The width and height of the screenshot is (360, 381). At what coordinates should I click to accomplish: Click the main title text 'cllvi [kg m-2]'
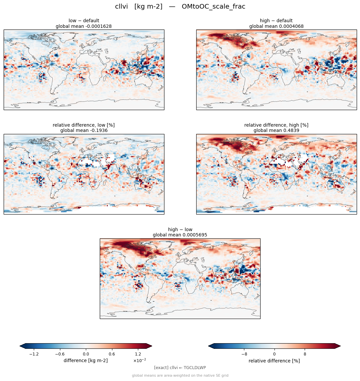pos(139,7)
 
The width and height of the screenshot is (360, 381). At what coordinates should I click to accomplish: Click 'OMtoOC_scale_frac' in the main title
pos(213,7)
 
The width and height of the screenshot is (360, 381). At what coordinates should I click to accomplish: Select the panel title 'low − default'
pos(84,21)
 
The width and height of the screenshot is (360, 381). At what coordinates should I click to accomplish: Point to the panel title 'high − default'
pos(276,21)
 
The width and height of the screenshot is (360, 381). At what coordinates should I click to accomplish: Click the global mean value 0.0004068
pos(290,26)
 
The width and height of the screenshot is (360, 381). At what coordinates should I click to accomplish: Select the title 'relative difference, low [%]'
pos(84,125)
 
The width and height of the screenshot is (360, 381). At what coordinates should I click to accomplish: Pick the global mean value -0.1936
pos(97,131)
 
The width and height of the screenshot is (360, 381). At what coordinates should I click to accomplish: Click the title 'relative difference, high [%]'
pos(276,125)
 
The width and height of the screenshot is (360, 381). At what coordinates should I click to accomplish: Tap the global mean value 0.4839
pos(289,131)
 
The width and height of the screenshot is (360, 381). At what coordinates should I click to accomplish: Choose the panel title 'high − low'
pos(180,229)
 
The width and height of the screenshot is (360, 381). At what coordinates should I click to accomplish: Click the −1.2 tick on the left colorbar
pos(34,354)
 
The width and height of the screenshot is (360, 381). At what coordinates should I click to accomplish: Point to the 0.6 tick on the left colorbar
pos(112,354)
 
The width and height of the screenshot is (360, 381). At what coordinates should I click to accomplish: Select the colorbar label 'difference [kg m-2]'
pos(86,360)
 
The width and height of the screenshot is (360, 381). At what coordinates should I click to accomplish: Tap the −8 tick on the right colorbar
pos(244,354)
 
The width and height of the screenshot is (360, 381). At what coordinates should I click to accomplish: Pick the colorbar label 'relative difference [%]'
pos(274,361)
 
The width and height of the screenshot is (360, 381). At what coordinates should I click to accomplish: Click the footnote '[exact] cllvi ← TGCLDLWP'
pos(180,368)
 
